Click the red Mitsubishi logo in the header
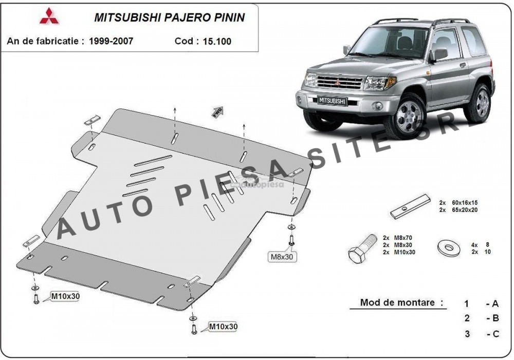point(49,16)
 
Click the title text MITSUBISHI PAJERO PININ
point(170,17)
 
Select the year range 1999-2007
point(111,41)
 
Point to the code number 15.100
point(217,42)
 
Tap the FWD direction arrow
point(218,111)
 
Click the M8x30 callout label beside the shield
point(282,257)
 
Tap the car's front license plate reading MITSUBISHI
point(332,101)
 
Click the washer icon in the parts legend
point(448,248)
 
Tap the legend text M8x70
point(402,238)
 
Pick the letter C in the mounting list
point(495,334)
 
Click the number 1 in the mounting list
point(467,305)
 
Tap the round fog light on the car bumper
point(379,106)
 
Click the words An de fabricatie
point(43,41)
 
